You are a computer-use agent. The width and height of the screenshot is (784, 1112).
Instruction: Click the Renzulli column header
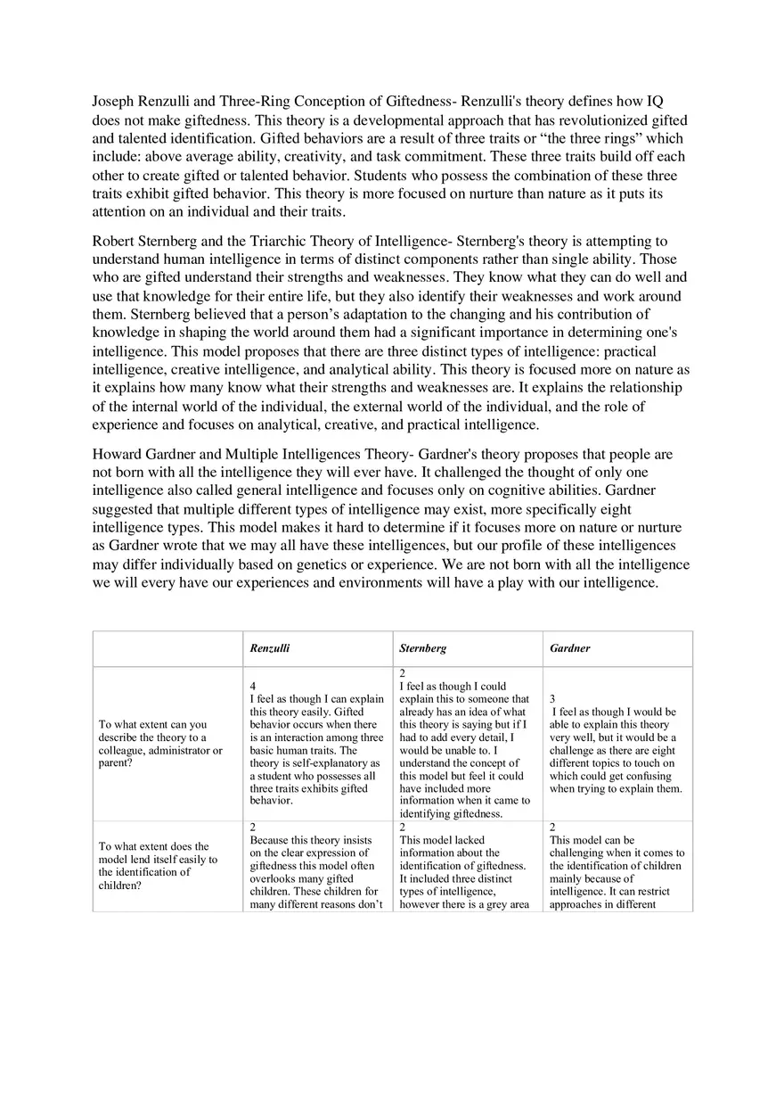tap(269, 648)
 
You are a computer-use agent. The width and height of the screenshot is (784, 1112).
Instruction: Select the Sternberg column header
tap(423, 648)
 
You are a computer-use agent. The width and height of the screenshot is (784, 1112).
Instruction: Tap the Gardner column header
tap(569, 648)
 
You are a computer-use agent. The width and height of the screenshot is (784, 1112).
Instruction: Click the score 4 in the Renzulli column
tap(253, 687)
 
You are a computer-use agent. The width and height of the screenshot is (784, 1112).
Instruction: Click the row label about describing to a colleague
tap(160, 744)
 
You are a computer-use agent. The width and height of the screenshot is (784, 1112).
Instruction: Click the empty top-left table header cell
tap(167, 648)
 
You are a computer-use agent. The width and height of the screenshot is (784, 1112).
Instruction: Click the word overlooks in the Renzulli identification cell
tap(271, 878)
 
